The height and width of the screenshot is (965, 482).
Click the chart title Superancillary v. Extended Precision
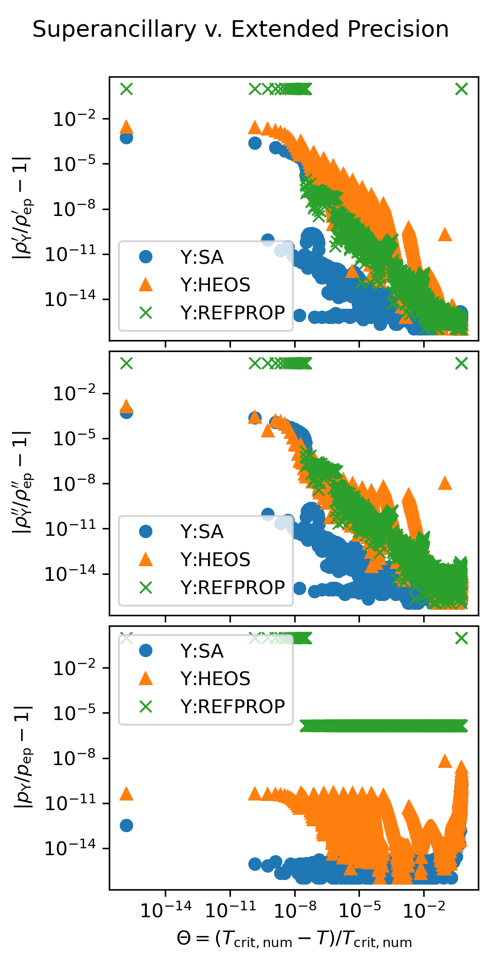(x=241, y=29)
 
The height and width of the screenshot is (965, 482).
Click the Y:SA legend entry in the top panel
(x=202, y=257)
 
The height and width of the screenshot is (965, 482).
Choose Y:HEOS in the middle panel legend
(x=215, y=560)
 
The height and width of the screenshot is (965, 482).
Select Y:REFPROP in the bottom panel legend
(x=232, y=707)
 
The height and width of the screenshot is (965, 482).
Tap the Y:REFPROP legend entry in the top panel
(x=232, y=313)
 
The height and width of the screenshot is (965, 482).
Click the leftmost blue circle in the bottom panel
(x=126, y=825)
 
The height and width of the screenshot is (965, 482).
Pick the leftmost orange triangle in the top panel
(x=126, y=127)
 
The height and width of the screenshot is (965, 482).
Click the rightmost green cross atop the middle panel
(x=461, y=363)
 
